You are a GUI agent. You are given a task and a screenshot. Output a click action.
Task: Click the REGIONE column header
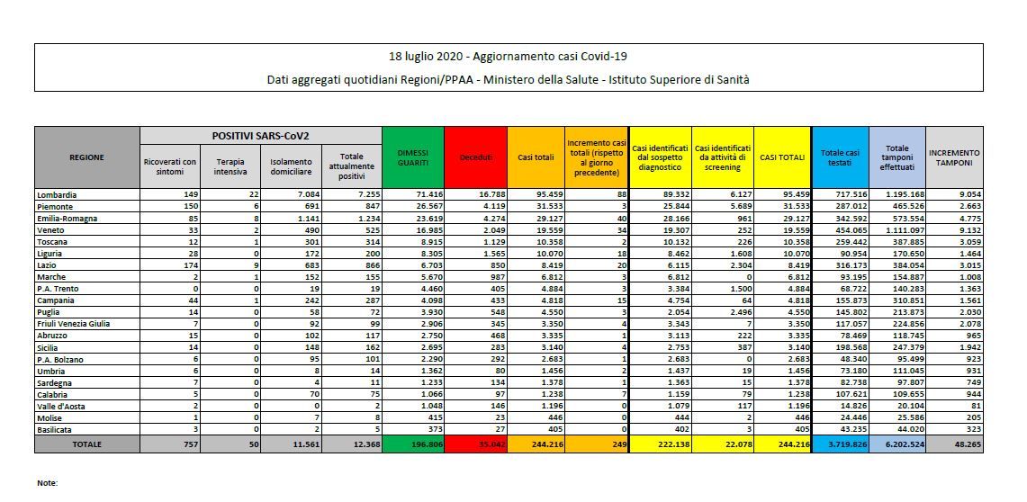click(86, 157)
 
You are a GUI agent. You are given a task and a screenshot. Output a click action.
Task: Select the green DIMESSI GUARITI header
click(412, 157)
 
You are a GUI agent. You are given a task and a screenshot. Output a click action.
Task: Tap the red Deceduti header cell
click(476, 157)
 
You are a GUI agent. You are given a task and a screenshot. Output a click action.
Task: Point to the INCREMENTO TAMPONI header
click(953, 157)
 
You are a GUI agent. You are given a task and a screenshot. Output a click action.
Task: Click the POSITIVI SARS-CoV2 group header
click(260, 135)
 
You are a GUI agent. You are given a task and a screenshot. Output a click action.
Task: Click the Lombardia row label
click(57, 194)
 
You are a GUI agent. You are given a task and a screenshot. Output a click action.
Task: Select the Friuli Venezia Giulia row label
click(74, 323)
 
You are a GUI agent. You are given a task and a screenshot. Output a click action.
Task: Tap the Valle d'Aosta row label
click(61, 407)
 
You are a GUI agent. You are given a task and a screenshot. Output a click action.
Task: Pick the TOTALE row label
click(86, 444)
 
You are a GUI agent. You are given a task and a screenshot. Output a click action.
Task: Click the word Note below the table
click(48, 483)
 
